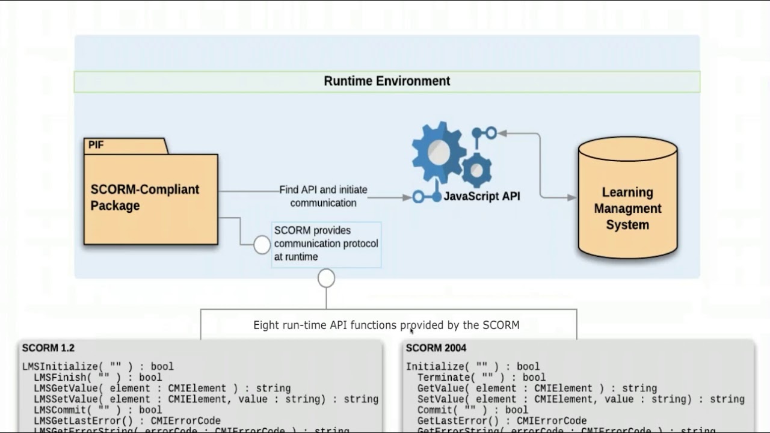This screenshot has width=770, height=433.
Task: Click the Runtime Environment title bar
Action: tap(387, 81)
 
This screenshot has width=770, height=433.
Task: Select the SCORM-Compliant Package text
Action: tap(144, 197)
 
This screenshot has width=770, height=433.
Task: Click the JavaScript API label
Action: tap(481, 196)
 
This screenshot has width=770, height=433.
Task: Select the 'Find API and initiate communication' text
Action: tap(323, 196)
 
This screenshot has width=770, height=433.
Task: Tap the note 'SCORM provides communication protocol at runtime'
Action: tap(326, 244)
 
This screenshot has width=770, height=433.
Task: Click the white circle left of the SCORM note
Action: tap(262, 245)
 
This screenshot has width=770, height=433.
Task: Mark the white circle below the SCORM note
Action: tap(326, 278)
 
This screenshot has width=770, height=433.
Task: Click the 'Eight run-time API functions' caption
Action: tap(386, 325)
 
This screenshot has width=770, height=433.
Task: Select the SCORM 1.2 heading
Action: tap(48, 348)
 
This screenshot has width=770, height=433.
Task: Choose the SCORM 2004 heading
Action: tap(436, 348)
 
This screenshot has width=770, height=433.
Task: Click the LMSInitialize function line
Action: tap(97, 366)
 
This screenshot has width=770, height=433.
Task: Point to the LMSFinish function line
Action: tap(97, 378)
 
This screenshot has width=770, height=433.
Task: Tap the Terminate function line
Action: tap(481, 378)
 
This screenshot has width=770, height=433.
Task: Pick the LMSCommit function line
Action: tap(97, 410)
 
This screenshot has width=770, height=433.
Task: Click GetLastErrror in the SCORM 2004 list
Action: tap(502, 421)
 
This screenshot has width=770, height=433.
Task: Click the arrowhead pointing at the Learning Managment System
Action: tap(571, 197)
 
